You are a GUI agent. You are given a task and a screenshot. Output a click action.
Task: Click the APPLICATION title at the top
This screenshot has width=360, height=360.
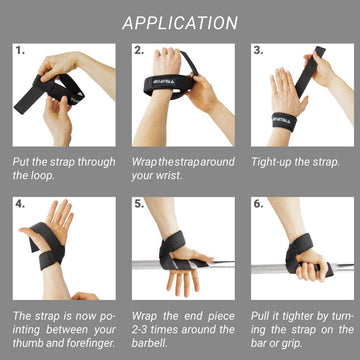click(x=180, y=23)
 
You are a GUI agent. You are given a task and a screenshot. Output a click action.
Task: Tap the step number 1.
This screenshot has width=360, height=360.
click(x=20, y=49)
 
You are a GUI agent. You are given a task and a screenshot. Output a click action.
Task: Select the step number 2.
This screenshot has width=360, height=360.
click(x=139, y=49)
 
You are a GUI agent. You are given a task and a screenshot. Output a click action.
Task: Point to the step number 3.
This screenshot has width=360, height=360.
click(x=258, y=49)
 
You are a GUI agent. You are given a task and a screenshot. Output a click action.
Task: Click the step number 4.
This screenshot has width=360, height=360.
click(x=20, y=204)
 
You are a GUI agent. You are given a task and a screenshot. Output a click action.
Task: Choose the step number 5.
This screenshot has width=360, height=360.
click(x=139, y=204)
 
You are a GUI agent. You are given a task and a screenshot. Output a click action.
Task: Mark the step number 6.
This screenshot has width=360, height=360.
click(x=258, y=204)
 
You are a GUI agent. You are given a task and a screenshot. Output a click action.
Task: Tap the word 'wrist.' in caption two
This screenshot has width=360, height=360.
click(x=173, y=175)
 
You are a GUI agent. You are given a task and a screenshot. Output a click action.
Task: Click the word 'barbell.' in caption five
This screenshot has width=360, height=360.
click(x=154, y=344)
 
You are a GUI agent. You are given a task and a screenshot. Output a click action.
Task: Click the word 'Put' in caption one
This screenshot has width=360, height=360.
click(x=22, y=160)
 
